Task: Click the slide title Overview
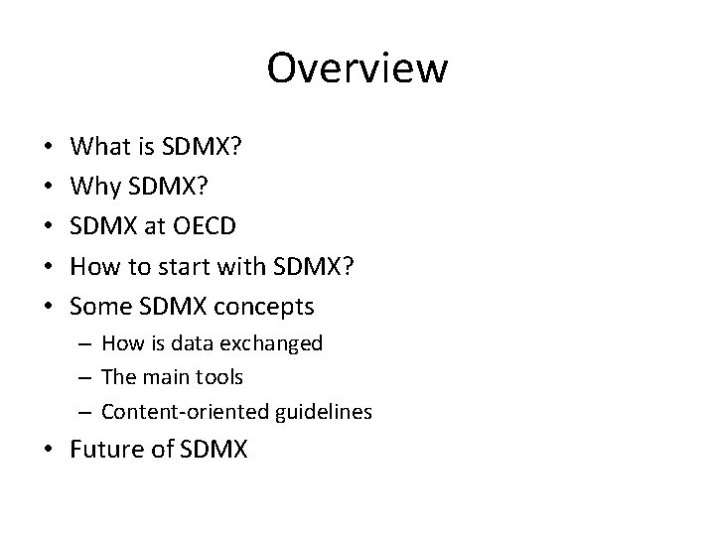[357, 68]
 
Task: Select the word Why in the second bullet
[95, 187]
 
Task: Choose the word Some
[101, 306]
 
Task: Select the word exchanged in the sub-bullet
[279, 343]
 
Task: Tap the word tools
[221, 377]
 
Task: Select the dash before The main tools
[87, 377]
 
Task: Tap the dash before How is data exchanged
[87, 343]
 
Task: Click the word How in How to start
[97, 266]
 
